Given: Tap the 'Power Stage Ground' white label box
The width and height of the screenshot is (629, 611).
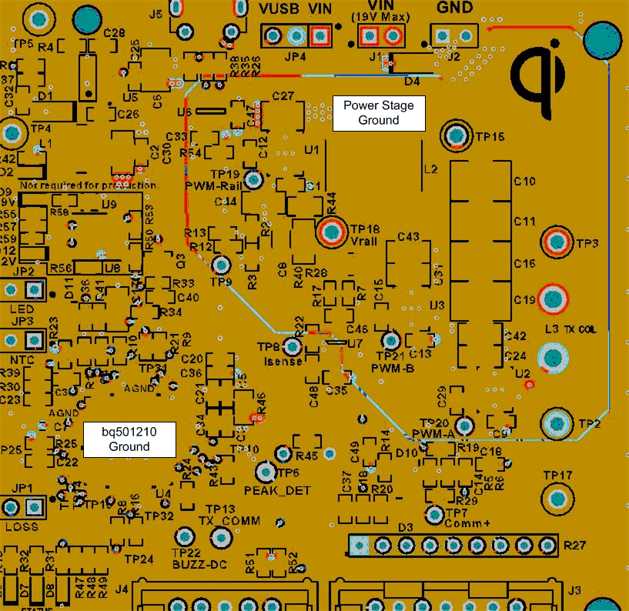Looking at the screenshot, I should (x=378, y=113).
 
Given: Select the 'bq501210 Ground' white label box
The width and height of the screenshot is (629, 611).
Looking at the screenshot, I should (x=129, y=439).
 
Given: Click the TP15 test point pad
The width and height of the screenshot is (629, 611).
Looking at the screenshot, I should (x=456, y=136).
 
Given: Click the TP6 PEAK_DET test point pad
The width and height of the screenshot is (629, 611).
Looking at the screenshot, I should (x=267, y=472).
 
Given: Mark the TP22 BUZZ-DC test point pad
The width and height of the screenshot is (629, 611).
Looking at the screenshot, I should (x=185, y=536).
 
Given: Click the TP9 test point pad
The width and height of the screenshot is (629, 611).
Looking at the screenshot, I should (x=222, y=265).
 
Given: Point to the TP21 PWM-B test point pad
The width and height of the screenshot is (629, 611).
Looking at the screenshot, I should (x=391, y=340).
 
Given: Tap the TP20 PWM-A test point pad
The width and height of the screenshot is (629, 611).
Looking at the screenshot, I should (x=463, y=425).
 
